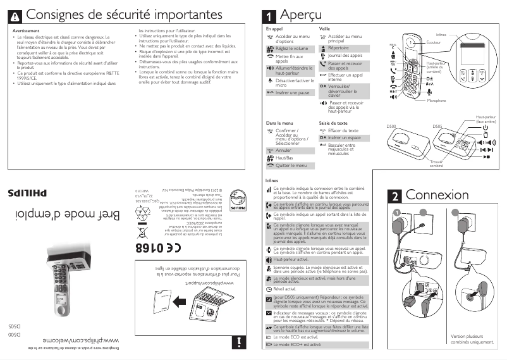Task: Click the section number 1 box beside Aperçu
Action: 270,14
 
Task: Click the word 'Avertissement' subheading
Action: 27,30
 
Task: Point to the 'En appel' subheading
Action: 274,29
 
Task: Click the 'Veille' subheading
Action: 325,29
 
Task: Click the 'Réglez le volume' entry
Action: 291,48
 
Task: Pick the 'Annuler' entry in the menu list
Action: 284,151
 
